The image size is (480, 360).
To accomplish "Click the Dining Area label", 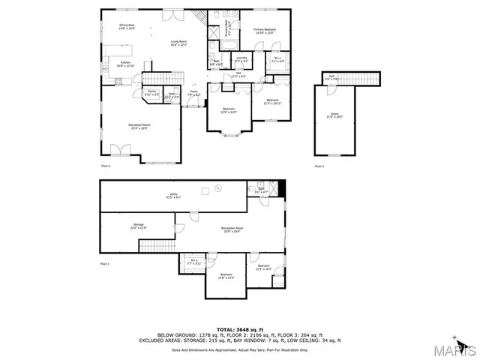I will (125, 26).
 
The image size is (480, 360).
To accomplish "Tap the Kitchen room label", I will (125, 64).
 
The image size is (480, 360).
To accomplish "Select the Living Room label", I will (178, 43).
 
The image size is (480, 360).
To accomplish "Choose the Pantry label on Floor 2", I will (151, 93).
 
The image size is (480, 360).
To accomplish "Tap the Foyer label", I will (193, 94).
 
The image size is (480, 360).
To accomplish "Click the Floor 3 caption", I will (319, 165).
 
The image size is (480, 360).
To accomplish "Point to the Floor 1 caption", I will (105, 264).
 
